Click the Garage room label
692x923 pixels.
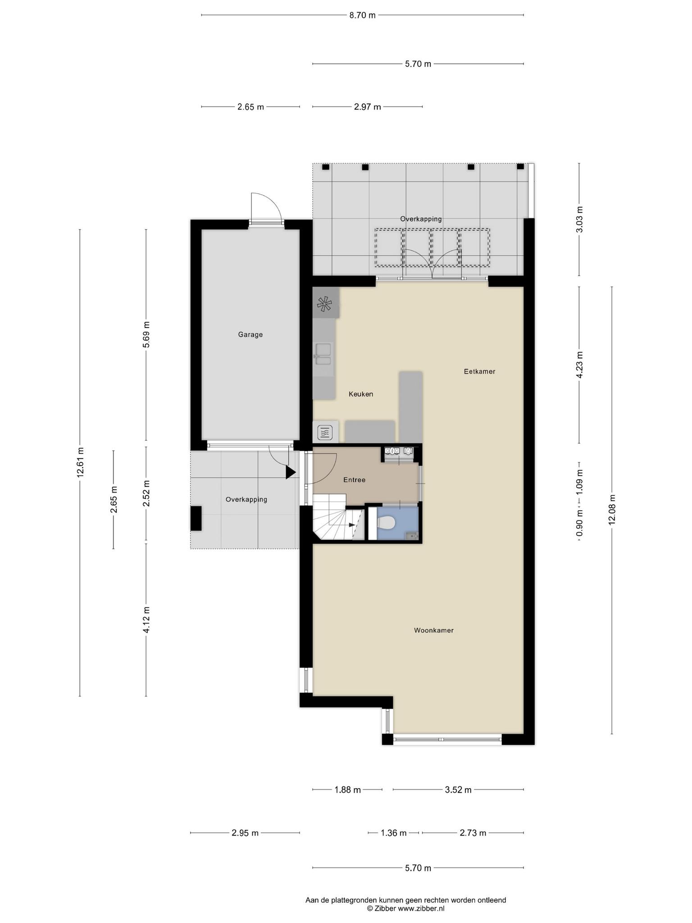point(250,334)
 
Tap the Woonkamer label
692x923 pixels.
point(434,630)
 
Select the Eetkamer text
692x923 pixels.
point(480,371)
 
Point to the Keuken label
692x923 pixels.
point(361,394)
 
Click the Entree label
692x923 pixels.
point(354,480)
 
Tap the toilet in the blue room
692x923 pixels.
point(386,523)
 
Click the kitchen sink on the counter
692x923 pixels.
point(323,354)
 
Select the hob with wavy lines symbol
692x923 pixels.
point(325,433)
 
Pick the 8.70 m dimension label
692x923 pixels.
point(362,15)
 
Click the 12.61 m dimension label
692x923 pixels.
point(80,462)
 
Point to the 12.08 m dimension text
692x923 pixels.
point(612,509)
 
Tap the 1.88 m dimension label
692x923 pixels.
point(347,790)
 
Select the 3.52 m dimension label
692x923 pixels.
point(458,790)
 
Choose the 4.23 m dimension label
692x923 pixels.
point(579,365)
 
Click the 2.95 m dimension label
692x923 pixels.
point(245,833)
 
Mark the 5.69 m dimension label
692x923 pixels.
point(146,334)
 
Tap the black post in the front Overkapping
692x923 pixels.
point(196,518)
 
